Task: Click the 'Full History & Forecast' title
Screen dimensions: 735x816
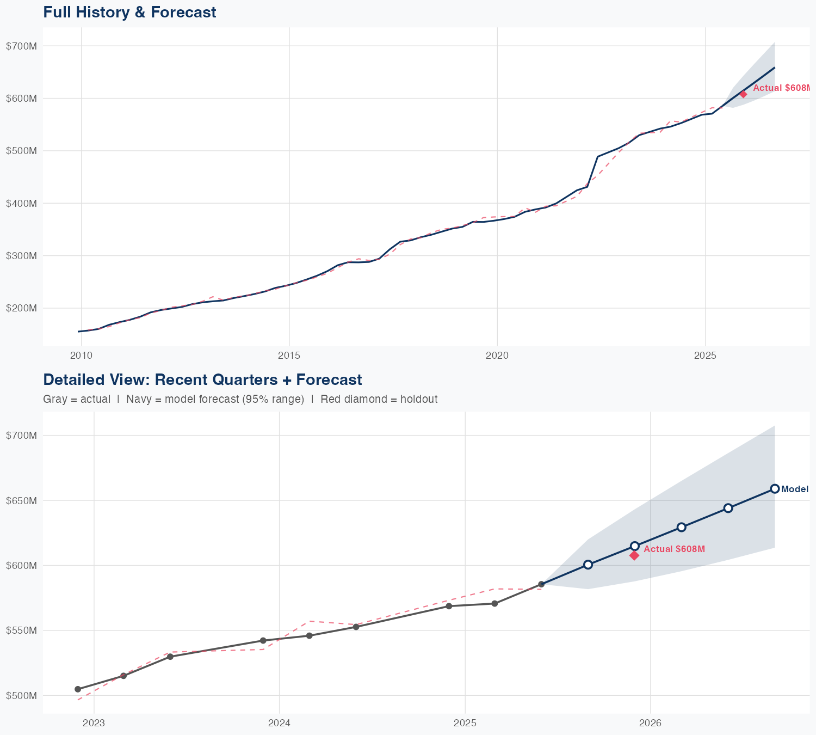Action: tap(129, 12)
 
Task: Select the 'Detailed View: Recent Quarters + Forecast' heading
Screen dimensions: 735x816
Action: tap(202, 379)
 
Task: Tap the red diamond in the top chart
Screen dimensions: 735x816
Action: tap(743, 94)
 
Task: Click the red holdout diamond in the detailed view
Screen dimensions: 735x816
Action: tap(634, 555)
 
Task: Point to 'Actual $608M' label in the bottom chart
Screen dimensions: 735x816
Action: tap(674, 549)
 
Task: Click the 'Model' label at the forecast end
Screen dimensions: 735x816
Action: tap(794, 489)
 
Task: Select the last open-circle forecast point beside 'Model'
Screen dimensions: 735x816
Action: tap(775, 489)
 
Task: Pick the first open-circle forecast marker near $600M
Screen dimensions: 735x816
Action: tap(588, 565)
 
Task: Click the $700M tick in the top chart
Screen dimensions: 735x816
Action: tap(21, 46)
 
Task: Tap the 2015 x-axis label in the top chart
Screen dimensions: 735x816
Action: tap(289, 356)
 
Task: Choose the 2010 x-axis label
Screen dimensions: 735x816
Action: tap(81, 356)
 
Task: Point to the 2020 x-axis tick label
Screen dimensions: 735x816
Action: tap(497, 356)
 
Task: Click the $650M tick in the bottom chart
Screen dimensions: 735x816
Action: tap(21, 500)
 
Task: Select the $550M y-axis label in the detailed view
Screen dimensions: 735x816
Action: tap(21, 630)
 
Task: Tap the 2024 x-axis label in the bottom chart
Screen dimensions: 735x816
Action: tap(279, 723)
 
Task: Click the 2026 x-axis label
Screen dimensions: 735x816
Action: tap(651, 723)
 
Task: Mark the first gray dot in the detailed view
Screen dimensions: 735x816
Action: tap(78, 689)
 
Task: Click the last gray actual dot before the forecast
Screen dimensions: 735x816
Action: tap(541, 584)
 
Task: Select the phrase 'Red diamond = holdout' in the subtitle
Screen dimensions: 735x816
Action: tap(379, 400)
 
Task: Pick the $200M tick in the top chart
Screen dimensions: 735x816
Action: tap(21, 308)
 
